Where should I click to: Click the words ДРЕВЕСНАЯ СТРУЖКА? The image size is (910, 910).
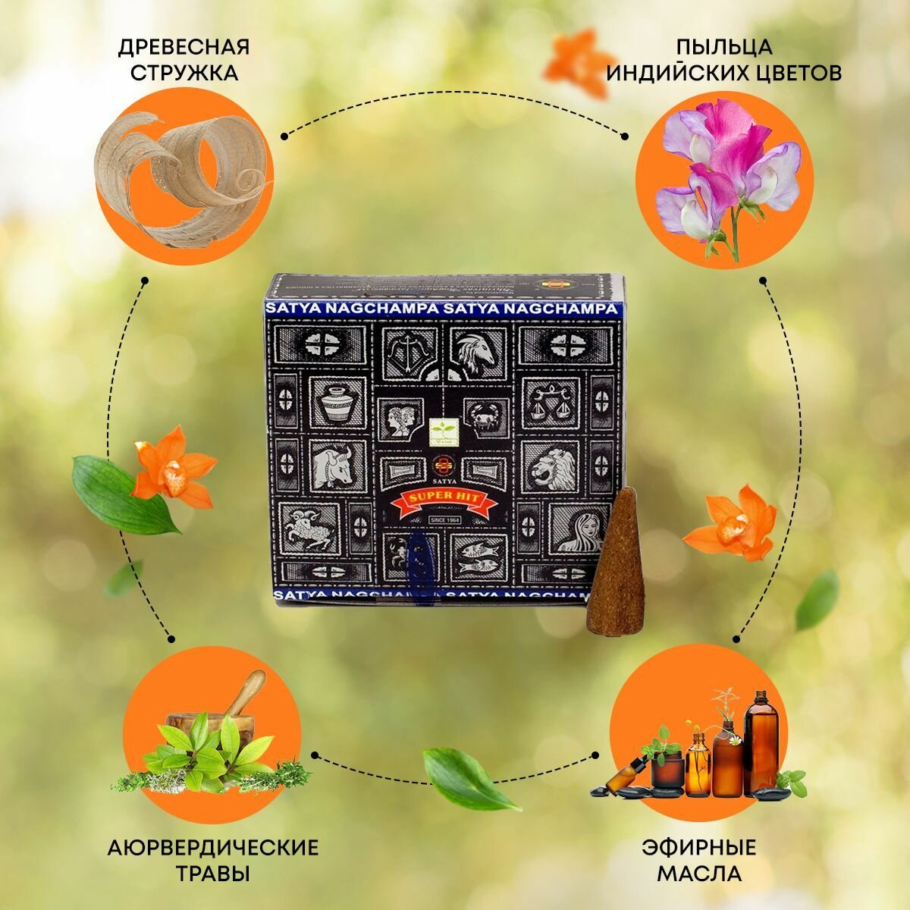(184, 60)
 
